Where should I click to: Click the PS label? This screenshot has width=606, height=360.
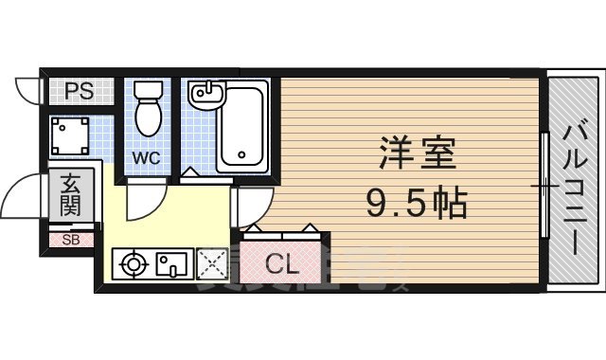(79, 92)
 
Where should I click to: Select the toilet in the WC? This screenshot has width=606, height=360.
(147, 108)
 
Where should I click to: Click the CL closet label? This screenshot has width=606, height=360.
(281, 265)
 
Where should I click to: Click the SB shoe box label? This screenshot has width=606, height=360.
(71, 240)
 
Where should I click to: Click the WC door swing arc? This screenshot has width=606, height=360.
(144, 201)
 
